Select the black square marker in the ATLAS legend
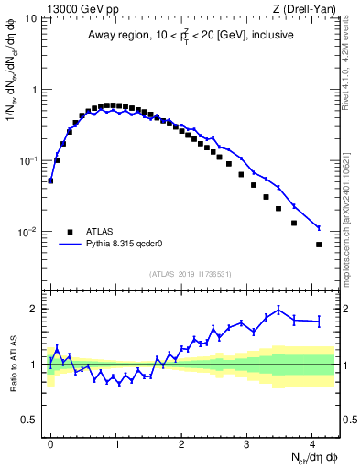coord(69,232)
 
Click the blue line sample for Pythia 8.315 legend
coord(69,245)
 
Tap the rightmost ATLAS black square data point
coord(319,245)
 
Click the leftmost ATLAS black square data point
coord(50,180)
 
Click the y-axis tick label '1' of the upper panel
coord(34,90)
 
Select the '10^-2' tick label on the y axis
coord(28,233)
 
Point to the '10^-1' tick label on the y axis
coord(28,161)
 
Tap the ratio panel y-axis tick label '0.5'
coord(29,420)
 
